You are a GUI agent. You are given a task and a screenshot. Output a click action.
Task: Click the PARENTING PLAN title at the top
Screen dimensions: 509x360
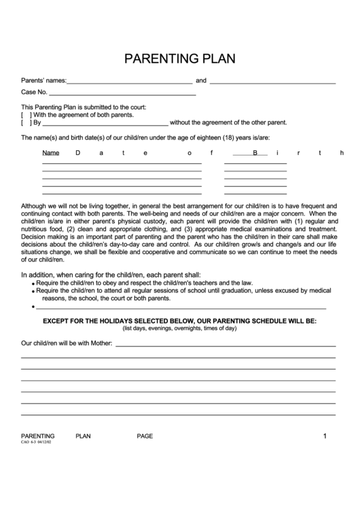click(179, 58)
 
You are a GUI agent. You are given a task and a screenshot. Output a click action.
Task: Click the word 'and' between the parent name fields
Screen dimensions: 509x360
click(201, 80)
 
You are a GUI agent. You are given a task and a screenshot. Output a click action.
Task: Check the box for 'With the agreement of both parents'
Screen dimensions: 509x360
click(26, 115)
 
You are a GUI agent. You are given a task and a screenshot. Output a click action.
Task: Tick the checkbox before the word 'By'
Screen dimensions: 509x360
click(26, 123)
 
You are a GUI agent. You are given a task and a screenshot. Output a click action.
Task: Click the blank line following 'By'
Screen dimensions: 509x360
click(105, 124)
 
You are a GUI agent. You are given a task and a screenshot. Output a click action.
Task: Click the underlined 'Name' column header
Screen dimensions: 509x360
click(51, 153)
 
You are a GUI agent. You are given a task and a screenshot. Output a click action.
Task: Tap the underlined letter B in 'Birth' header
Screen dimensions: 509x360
click(255, 153)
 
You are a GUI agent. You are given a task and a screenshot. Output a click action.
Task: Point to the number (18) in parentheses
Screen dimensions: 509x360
click(228, 138)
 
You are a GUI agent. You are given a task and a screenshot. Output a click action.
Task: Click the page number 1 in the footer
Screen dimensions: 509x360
click(325, 436)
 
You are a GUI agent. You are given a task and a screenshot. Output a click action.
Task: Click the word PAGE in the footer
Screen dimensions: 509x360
click(145, 436)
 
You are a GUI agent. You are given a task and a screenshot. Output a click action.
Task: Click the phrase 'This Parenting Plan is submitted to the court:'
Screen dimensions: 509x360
click(84, 107)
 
